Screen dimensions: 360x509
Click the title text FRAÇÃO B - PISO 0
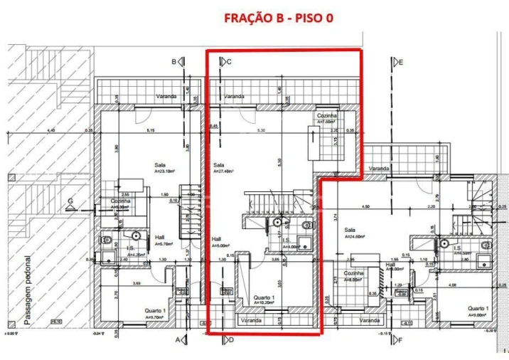(278, 17)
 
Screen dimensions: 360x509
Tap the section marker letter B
(174, 62)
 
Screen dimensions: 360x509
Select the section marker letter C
(229, 62)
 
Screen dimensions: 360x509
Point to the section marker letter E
(401, 62)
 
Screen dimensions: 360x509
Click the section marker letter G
(70, 202)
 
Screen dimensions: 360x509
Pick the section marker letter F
(401, 340)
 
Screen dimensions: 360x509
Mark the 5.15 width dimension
(151, 131)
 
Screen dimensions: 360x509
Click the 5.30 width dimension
(262, 131)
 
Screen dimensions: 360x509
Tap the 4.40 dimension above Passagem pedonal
(50, 131)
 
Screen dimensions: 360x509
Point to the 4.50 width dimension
(365, 207)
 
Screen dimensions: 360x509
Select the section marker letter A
(178, 340)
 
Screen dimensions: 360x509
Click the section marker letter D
(230, 340)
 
